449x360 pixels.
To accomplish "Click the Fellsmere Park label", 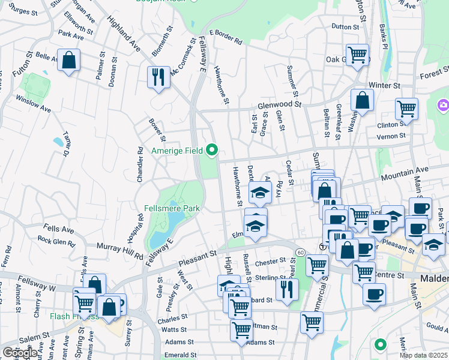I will click(172, 208).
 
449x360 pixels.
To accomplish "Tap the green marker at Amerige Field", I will click(212, 149).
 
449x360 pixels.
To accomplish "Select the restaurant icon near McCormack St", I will click(158, 77).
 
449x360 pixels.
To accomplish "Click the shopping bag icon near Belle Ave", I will click(69, 60).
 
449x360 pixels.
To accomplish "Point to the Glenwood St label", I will click(279, 104).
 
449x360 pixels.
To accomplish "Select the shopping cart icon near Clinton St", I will click(406, 109).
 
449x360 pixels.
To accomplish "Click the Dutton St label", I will click(345, 26).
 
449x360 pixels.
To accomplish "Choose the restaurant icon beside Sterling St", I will click(287, 289).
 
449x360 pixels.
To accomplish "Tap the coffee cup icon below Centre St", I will click(375, 295).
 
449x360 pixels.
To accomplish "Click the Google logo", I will click(20, 352).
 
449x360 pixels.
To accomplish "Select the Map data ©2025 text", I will click(423, 355).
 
